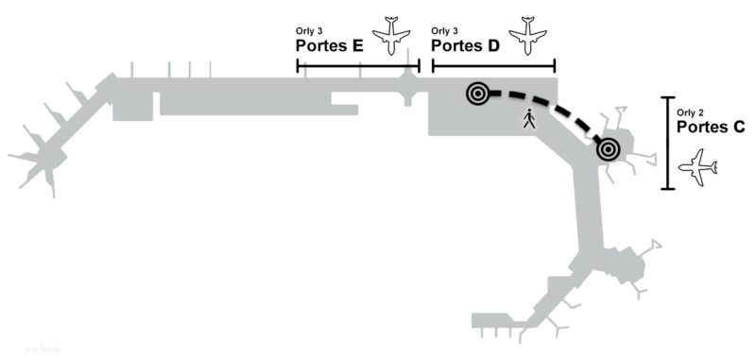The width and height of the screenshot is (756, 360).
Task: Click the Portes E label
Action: [331, 44]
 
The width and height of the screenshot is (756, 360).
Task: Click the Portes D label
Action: [465, 44]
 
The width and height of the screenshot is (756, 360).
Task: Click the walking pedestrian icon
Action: [528, 120]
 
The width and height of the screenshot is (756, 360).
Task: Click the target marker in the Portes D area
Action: [479, 93]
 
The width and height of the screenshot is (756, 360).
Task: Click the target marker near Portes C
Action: [607, 148]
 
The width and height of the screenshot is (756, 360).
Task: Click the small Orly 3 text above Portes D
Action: [444, 31]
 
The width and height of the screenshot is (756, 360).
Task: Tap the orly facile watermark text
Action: [43, 349]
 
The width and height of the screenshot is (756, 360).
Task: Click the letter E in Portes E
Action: [358, 44]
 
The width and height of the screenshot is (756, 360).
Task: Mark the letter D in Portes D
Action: [493, 44]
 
